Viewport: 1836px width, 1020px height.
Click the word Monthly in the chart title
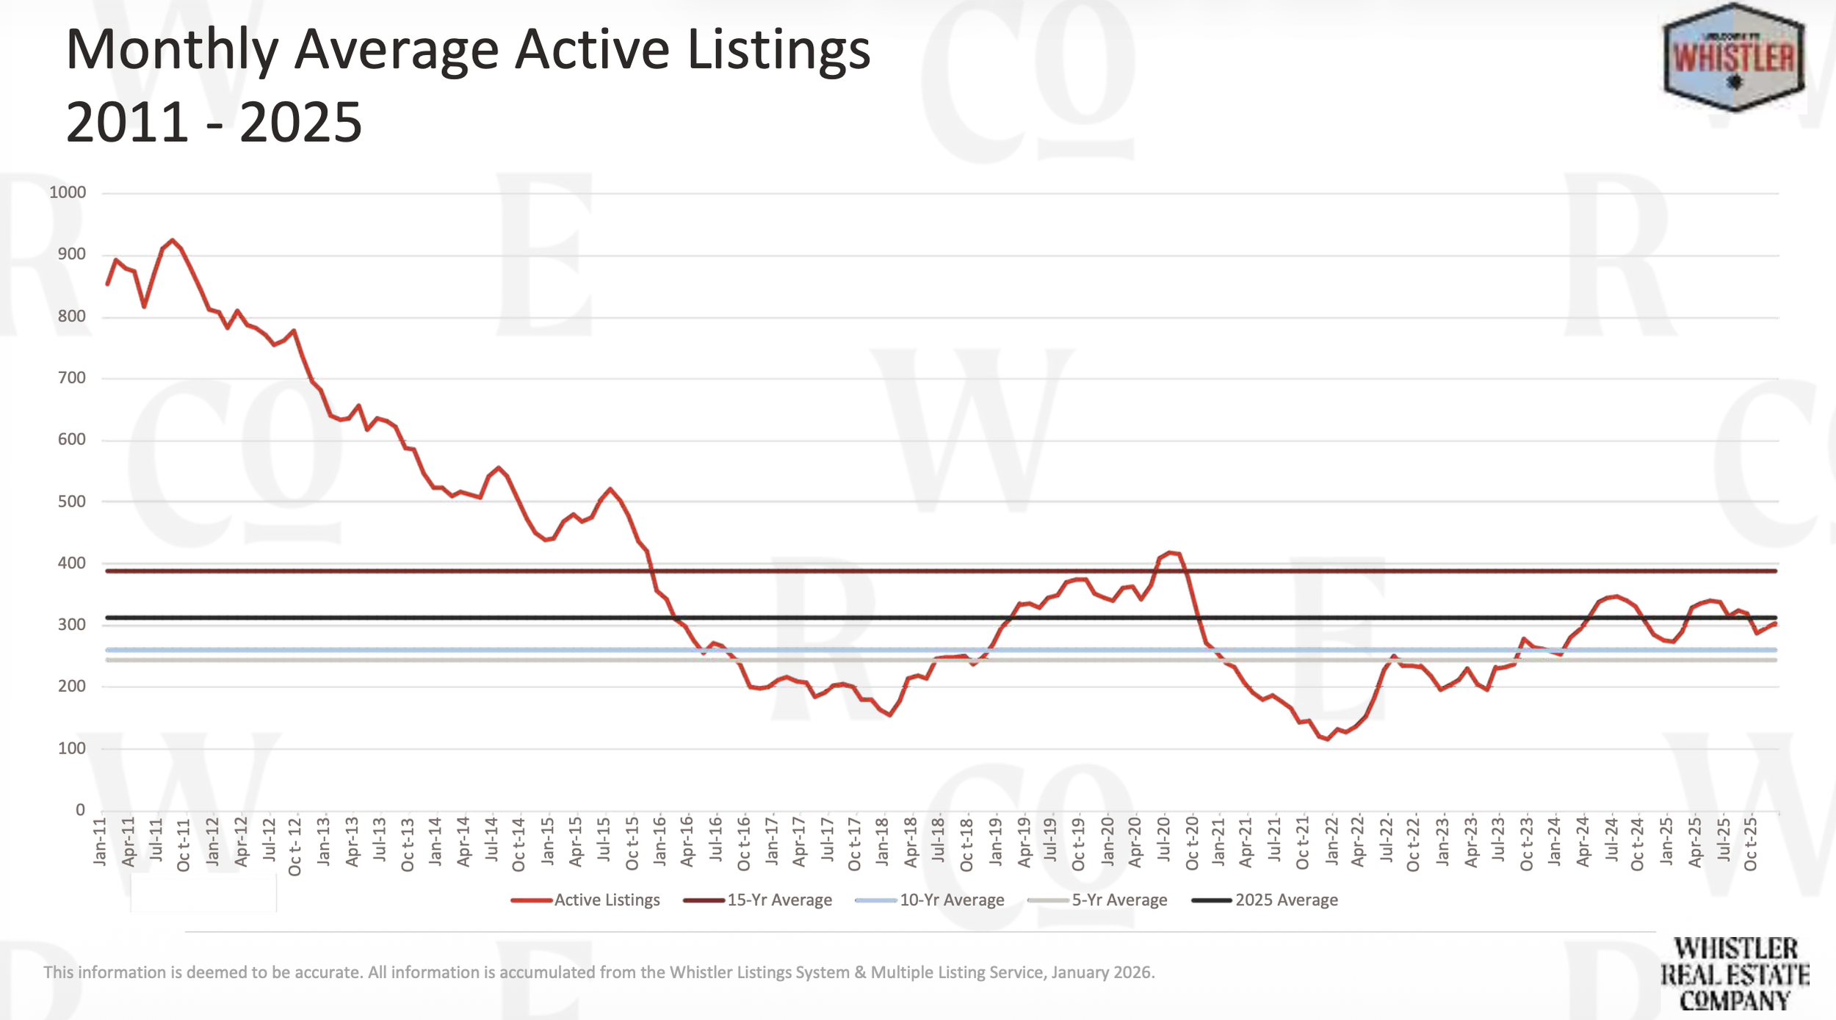172,50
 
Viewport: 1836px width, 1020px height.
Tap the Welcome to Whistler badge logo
1733,57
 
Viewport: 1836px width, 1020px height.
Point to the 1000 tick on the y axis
68,192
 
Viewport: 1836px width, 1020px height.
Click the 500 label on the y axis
71,502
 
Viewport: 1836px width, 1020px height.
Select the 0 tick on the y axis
80,810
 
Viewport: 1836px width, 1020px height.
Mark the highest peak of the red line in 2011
173,240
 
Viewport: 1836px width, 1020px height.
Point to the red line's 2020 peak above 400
1169,551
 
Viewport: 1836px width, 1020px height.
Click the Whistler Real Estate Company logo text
1735,974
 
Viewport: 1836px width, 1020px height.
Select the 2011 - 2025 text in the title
214,122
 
